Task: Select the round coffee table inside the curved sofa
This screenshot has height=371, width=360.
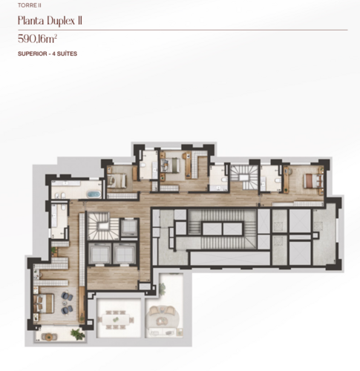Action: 162,321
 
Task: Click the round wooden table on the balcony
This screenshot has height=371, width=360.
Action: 49,336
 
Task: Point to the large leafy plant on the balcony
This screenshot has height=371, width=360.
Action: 77,334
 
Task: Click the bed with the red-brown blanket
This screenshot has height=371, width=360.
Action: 313,181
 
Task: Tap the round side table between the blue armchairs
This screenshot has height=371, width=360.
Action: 65,303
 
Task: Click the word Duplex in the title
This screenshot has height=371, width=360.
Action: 61,21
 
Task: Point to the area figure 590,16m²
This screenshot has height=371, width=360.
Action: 38,39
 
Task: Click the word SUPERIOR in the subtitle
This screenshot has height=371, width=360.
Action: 33,53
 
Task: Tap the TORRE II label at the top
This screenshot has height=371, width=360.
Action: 30,5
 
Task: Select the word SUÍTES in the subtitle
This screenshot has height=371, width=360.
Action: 67,53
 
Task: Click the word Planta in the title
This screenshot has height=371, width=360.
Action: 31,21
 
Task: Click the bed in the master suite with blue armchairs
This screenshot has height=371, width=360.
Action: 44,303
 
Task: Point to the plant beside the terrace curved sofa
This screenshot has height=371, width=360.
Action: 163,289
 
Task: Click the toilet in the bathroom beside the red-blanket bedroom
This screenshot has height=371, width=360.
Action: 278,180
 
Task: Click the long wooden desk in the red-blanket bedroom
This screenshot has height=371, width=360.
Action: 287,180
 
